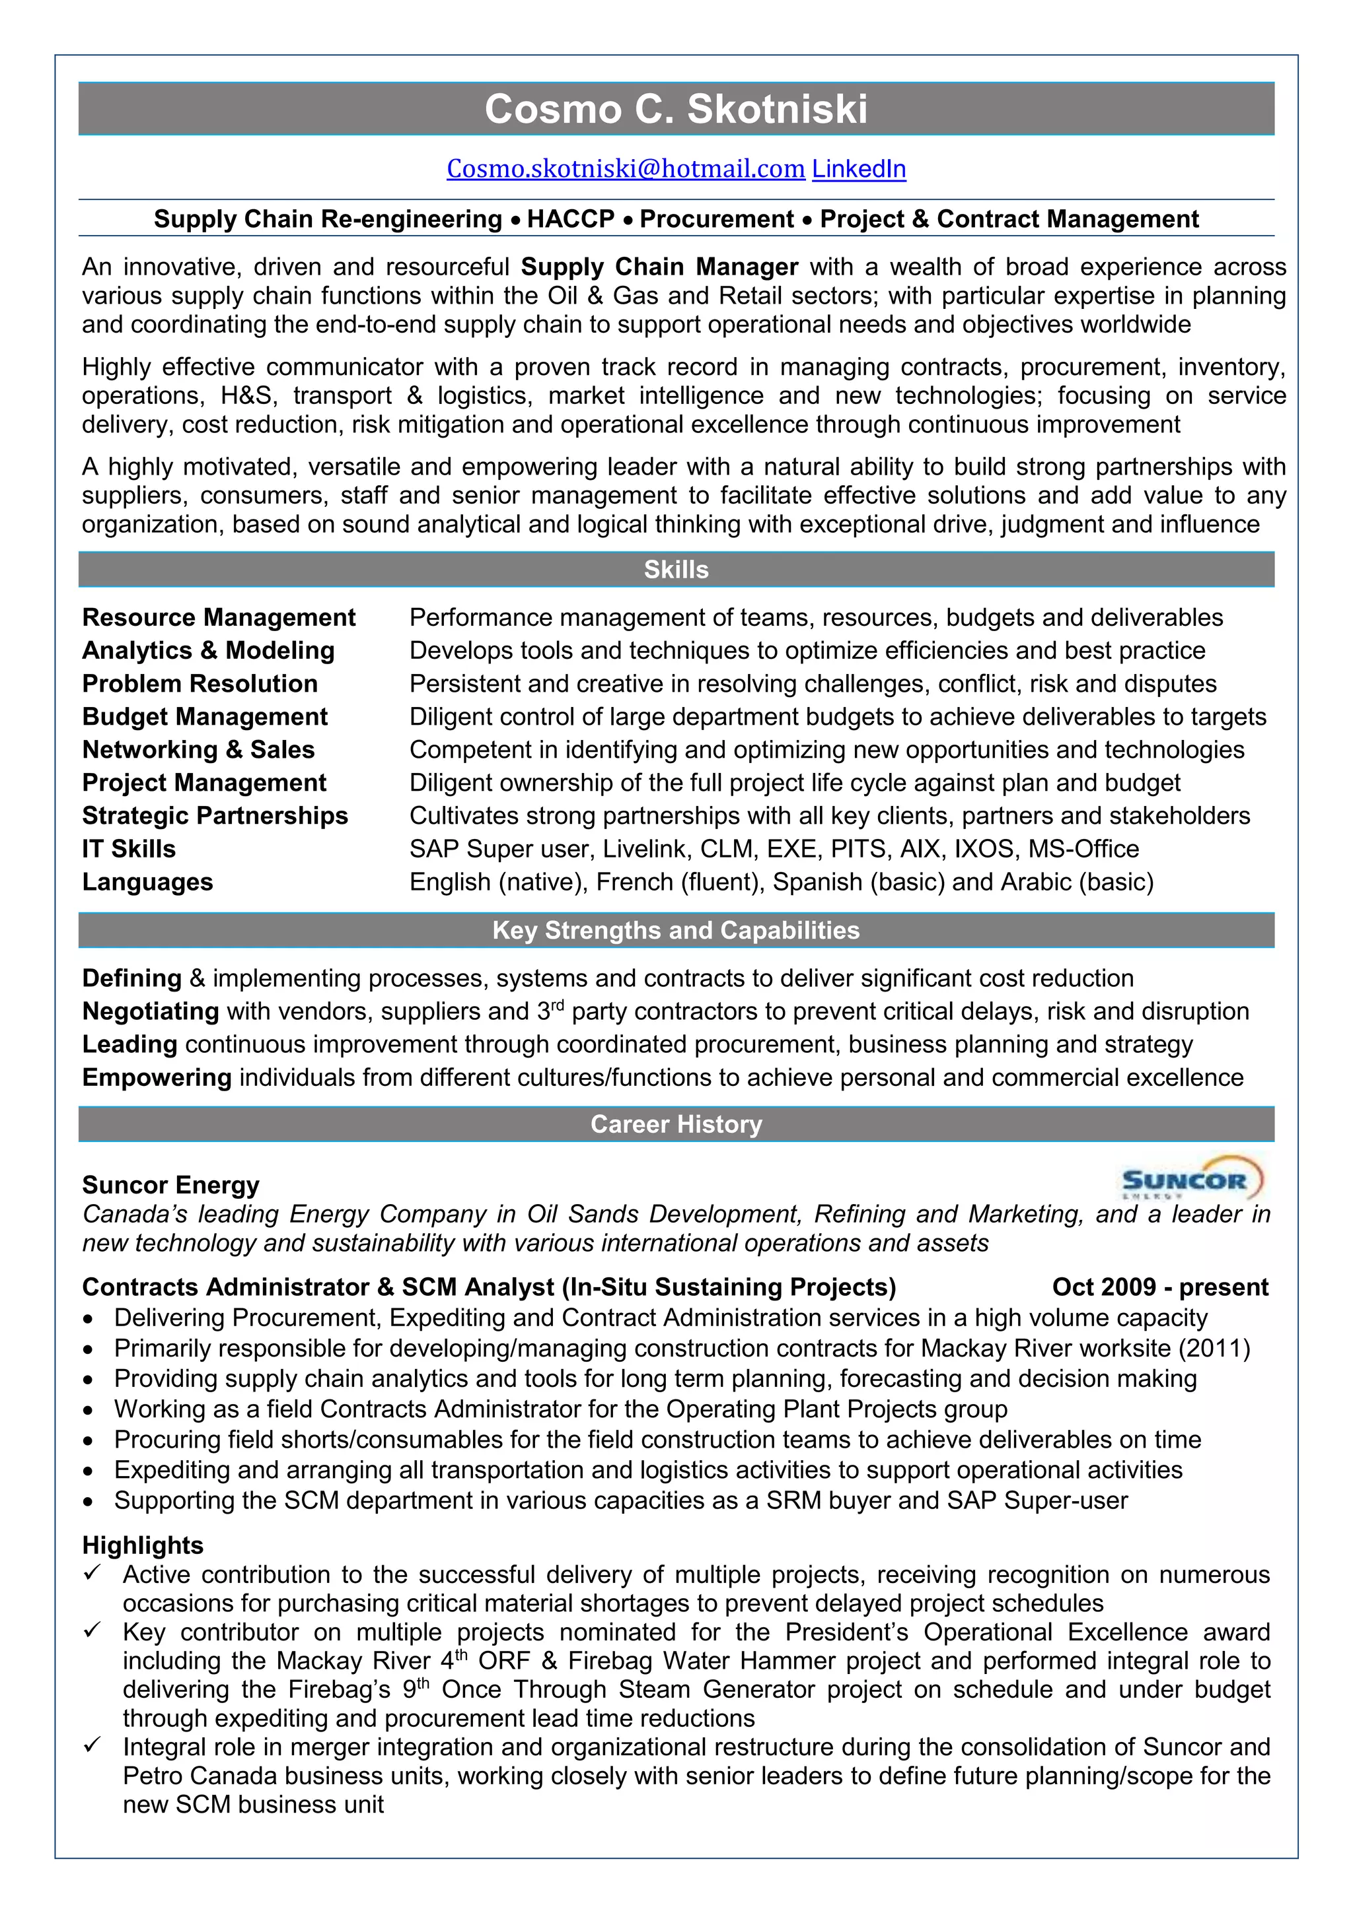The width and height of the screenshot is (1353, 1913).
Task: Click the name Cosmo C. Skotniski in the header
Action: pyautogui.click(x=675, y=109)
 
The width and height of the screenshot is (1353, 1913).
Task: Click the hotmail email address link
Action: pyautogui.click(x=625, y=169)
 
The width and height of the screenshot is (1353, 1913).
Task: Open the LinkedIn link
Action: pyautogui.click(x=859, y=169)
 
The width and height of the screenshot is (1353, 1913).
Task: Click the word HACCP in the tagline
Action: pyautogui.click(x=570, y=219)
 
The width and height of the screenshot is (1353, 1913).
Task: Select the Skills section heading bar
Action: pyautogui.click(x=675, y=570)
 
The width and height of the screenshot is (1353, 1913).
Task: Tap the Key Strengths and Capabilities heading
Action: pyautogui.click(x=675, y=931)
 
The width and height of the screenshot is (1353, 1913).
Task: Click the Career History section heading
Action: pyautogui.click(x=675, y=1125)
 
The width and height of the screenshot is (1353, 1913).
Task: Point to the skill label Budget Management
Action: pyautogui.click(x=204, y=718)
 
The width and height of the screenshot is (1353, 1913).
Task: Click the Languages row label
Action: pyautogui.click(x=147, y=883)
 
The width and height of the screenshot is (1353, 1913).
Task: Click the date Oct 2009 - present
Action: pyautogui.click(x=1159, y=1287)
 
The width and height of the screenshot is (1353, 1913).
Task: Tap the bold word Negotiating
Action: pyautogui.click(x=150, y=1011)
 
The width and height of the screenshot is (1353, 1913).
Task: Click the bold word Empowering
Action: pyautogui.click(x=157, y=1078)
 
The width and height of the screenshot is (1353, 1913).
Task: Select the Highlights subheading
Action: pyautogui.click(x=143, y=1545)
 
